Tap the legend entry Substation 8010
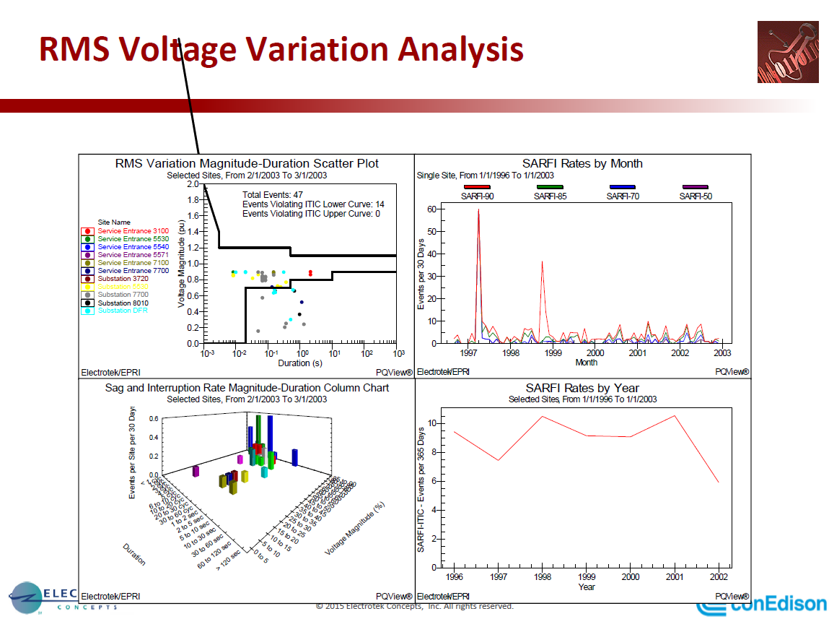click(123, 303)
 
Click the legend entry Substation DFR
click(123, 311)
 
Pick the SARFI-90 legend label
click(478, 196)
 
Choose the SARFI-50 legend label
click(696, 196)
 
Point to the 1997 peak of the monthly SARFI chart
click(478, 211)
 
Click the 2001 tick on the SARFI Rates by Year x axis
click(675, 577)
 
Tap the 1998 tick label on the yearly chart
click(542, 577)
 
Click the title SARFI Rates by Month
click(582, 163)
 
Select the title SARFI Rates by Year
click(582, 388)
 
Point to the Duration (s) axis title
click(299, 363)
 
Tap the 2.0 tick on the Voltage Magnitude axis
click(193, 185)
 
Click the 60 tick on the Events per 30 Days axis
click(431, 209)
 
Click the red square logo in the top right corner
click(787, 51)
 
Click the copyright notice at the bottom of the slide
click(414, 606)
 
